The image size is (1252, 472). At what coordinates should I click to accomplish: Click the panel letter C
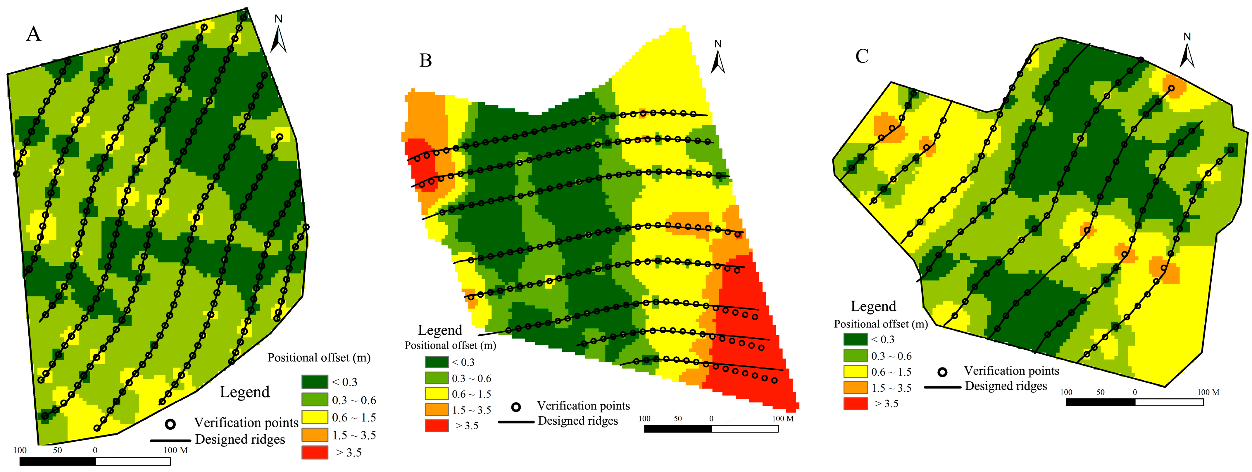pyautogui.click(x=862, y=56)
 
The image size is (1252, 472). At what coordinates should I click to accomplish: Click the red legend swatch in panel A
pyautogui.click(x=314, y=452)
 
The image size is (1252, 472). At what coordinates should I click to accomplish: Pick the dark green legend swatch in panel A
pyautogui.click(x=314, y=382)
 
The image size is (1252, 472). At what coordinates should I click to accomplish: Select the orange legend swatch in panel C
pyautogui.click(x=856, y=388)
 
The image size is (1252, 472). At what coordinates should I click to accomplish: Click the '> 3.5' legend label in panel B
pyautogui.click(x=467, y=426)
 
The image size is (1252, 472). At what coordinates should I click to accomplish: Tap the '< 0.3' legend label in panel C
pyautogui.click(x=883, y=339)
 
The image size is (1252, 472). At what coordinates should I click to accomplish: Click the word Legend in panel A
pyautogui.click(x=244, y=392)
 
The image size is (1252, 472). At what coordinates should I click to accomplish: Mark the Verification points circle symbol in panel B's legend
pyautogui.click(x=516, y=407)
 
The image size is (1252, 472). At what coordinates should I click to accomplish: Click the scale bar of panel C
pyautogui.click(x=1134, y=402)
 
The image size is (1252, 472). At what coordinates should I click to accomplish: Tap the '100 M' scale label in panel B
pyautogui.click(x=782, y=419)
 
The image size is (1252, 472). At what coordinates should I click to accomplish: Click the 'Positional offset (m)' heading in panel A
pyautogui.click(x=319, y=358)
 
